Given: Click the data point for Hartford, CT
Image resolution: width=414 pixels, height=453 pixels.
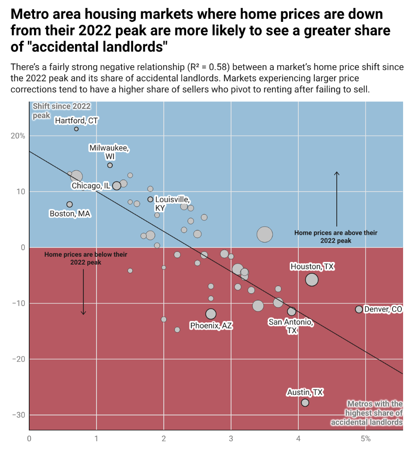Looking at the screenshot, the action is pos(76,129).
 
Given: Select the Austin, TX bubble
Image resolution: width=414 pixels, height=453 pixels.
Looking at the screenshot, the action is pos(305,402).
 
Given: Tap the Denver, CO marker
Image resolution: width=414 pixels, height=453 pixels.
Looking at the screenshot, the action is pos(359,309).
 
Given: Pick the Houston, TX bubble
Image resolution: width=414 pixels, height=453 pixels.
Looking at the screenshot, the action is pos(311,280).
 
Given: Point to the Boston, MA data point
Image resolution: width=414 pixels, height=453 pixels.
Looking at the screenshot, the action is pos(69,204).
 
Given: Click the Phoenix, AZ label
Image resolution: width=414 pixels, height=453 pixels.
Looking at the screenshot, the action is pos(211,326).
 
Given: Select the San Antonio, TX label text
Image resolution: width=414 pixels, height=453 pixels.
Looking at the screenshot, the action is pos(291,326).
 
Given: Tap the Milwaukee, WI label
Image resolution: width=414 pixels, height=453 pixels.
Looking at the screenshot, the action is pos(109,152).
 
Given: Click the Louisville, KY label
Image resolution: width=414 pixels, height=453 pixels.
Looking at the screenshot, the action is pos(172,204).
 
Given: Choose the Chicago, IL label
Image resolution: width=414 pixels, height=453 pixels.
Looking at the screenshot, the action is pos(91,185).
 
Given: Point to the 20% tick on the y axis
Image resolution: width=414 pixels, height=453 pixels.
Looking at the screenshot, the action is pos(18,136).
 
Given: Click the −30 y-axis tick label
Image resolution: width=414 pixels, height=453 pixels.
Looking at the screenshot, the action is pos(19,415).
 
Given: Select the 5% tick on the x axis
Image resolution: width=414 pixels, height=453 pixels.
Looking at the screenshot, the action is pos(366,439).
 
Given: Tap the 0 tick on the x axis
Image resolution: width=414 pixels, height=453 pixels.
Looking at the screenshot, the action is pos(29,439).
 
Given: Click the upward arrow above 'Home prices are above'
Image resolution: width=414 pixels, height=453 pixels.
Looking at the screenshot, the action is pos(336,199).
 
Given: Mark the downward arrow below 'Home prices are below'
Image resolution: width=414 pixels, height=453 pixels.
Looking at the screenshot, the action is pos(83,292).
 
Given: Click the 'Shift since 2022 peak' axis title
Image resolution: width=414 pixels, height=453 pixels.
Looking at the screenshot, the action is pos(62,111).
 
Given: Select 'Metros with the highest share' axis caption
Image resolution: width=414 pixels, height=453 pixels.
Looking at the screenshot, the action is pos(367,413).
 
